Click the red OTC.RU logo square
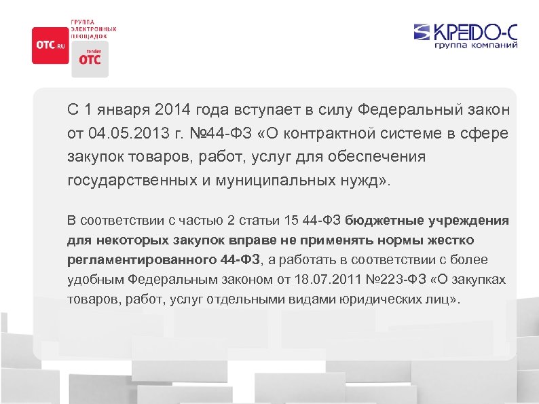[x=50, y=45]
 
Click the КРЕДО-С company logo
[x=466, y=32]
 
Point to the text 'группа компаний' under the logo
[x=476, y=45]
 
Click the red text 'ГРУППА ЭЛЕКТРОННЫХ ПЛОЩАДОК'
[x=94, y=29]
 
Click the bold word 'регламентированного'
[x=141, y=260]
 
